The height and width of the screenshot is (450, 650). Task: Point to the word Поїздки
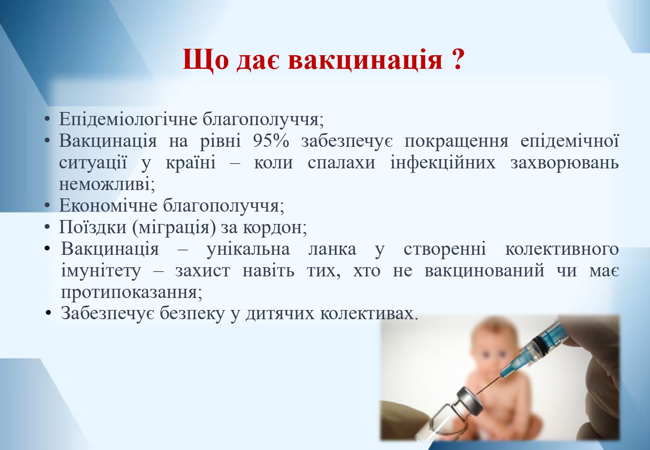coord(92,227)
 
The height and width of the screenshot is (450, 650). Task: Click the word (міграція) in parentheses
coord(174,228)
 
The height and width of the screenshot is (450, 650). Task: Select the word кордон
coord(274,228)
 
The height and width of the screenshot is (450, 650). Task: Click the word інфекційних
coord(443,162)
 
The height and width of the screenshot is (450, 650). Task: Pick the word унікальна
coord(248,249)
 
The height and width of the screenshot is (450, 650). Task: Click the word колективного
coord(562,249)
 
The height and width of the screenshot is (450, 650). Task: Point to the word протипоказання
coord(132,292)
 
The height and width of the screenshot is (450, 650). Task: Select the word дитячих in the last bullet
coord(280,314)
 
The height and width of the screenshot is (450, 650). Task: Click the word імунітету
coord(101,271)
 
